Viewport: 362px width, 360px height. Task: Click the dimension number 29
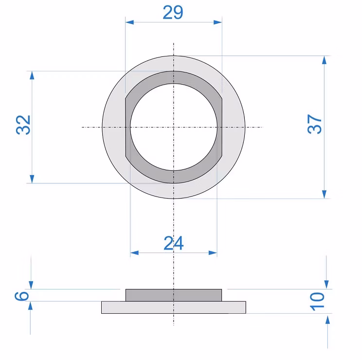[x=173, y=12]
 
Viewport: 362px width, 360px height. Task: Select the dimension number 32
[x=23, y=125]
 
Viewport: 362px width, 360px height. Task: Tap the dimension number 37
[x=314, y=124]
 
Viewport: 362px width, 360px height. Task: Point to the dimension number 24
[x=174, y=243]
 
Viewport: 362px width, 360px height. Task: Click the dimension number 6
[x=22, y=296]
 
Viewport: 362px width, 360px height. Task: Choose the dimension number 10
[x=317, y=302]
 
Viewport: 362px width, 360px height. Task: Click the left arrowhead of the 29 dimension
[x=129, y=22]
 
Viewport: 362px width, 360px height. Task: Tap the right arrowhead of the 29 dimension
[x=217, y=22]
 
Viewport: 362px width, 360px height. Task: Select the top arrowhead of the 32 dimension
[x=32, y=75]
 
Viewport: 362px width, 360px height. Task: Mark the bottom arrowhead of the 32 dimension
[x=32, y=179]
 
